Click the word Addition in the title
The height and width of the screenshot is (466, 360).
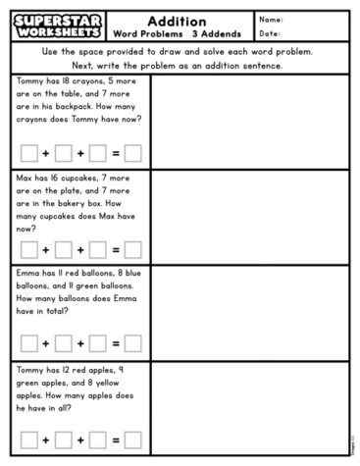pos(177,21)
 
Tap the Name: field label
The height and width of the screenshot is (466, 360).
pos(271,20)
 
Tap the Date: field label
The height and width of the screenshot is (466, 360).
pos(270,33)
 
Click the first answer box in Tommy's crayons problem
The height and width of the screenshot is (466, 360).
pos(29,153)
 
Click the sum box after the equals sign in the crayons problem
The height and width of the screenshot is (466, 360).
pos(132,153)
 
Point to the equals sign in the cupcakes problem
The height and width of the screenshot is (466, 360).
pos(115,249)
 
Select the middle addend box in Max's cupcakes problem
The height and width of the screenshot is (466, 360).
pos(64,249)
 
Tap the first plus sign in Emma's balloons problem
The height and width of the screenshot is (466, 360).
pos(46,343)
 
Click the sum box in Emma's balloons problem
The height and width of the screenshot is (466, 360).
pos(132,343)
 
